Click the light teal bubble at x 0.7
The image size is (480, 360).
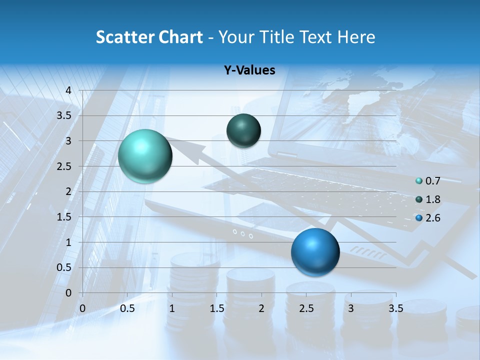coord(145,156)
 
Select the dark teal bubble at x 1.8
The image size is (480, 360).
coord(243,130)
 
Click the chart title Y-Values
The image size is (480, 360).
coord(249,70)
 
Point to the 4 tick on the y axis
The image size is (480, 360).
coord(68,90)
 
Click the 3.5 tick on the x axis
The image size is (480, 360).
coord(395,308)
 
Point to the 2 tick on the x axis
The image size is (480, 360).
coord(261,308)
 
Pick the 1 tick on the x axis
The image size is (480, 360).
coord(172,308)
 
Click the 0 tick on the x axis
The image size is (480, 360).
coord(82,308)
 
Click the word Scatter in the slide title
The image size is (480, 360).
coord(125,37)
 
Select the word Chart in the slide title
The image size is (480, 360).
coord(180,37)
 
